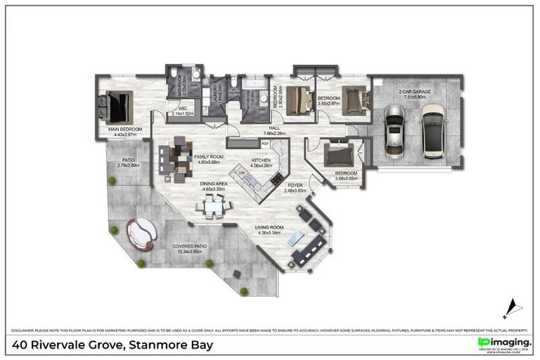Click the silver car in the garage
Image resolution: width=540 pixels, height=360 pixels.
pos(395,131)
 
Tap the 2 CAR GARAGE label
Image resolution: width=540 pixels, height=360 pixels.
pos(415,92)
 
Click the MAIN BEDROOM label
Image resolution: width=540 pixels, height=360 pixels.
pos(125,129)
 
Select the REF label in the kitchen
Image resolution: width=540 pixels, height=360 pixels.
pos(265,143)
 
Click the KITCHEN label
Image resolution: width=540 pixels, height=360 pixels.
pos(261,160)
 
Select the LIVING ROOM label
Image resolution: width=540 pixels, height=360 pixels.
pos(269,227)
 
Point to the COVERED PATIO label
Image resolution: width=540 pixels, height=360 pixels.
pos(189,246)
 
